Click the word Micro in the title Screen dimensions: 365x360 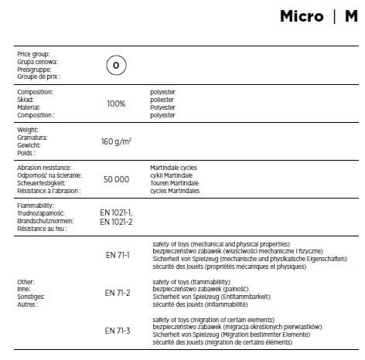point(301,15)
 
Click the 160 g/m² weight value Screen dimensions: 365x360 point(117,141)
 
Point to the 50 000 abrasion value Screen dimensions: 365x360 point(116,178)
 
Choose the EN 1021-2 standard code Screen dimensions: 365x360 point(116,221)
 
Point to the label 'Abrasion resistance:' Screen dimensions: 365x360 point(44,167)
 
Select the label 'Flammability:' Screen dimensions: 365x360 point(35,205)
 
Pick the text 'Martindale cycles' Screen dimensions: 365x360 point(176,167)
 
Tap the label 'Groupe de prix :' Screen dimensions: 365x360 point(38,76)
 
